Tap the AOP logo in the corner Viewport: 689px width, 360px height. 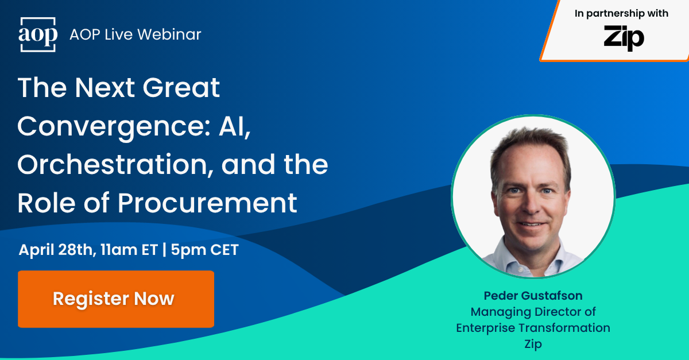38,34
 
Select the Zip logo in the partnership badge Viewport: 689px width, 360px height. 624,38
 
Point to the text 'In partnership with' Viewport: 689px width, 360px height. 621,14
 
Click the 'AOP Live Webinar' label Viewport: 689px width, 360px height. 135,34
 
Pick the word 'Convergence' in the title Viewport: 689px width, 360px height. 97,126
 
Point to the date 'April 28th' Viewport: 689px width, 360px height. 55,250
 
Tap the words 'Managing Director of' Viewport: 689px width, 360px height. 533,312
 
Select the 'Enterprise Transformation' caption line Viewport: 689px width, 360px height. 533,328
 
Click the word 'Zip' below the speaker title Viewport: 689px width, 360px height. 533,344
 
